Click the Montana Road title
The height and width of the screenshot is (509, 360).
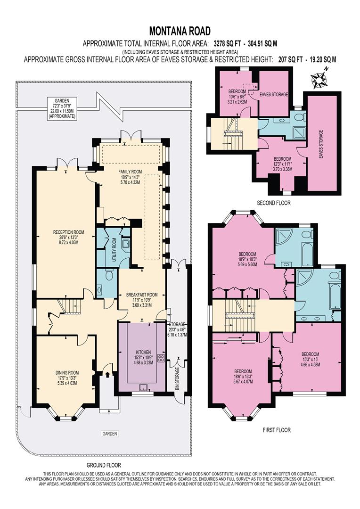point(180,32)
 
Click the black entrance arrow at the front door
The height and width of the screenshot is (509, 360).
point(107,375)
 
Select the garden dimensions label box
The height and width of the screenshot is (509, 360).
point(62,108)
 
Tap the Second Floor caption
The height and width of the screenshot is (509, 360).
point(274,203)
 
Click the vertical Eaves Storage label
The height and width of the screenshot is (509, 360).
point(321,143)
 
